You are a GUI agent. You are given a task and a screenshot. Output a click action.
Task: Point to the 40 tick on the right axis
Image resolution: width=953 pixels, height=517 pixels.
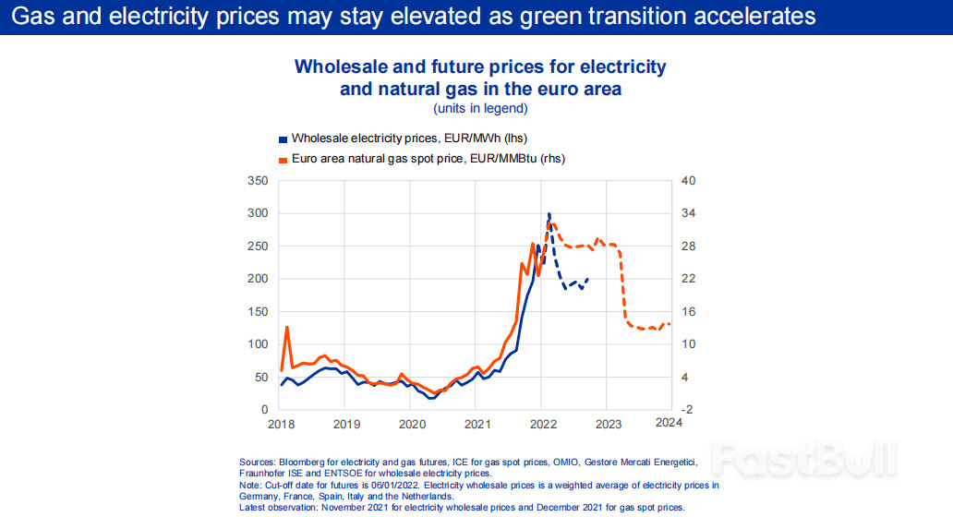(687, 180)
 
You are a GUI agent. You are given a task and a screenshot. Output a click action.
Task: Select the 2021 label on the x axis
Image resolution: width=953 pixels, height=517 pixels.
(476, 424)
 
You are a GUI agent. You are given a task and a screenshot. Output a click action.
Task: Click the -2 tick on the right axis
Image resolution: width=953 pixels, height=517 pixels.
(687, 409)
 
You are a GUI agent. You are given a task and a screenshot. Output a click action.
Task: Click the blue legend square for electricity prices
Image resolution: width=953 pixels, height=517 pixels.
(283, 138)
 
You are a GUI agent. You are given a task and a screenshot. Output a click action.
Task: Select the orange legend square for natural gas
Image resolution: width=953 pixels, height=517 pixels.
(283, 159)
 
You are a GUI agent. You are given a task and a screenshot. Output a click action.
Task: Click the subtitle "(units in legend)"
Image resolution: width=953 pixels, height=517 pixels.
(480, 108)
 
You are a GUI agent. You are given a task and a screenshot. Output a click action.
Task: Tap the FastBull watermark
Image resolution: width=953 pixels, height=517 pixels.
(803, 459)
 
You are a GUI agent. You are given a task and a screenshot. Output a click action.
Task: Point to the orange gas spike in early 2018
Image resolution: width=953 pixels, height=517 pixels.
(287, 327)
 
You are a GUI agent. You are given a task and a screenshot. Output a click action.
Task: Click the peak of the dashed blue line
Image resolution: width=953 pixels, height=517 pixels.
(549, 213)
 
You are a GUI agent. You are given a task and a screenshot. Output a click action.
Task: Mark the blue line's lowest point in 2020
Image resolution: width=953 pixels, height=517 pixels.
(431, 398)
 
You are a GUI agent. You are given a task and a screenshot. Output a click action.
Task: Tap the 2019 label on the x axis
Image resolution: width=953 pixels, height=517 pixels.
(345, 424)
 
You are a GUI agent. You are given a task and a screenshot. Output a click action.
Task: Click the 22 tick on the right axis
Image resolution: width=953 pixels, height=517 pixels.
(687, 279)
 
